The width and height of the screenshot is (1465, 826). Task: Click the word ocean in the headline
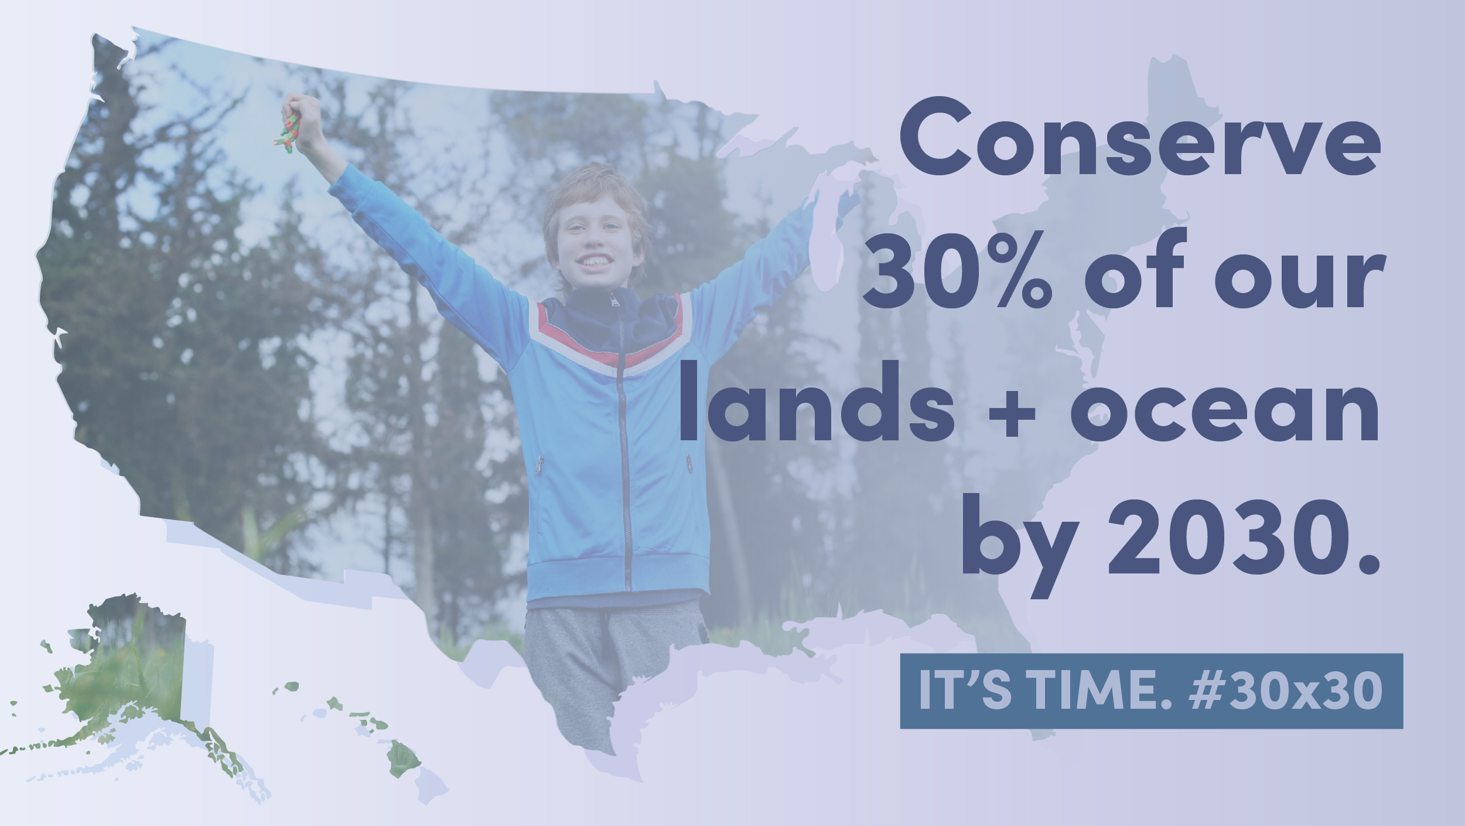point(1224,409)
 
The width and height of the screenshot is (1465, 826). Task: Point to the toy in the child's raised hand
point(288,132)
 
